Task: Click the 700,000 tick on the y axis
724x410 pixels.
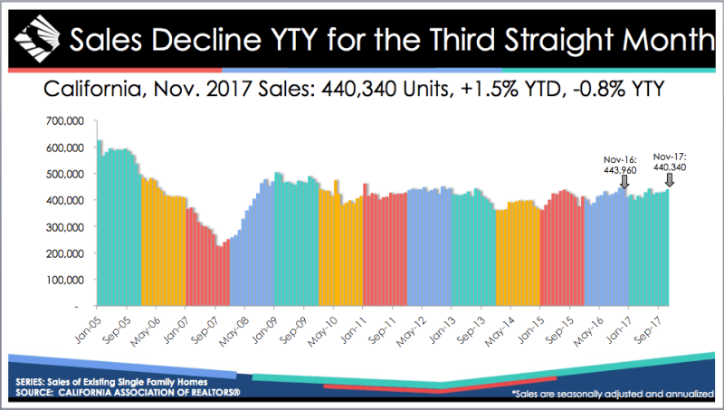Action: click(65, 121)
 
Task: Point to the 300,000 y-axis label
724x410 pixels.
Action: click(65, 227)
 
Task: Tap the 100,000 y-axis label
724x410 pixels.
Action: click(65, 281)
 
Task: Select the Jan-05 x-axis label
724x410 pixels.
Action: click(88, 329)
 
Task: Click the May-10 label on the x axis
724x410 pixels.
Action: click(323, 331)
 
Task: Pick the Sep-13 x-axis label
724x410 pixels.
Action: click(471, 329)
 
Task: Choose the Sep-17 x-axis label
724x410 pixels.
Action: click(648, 329)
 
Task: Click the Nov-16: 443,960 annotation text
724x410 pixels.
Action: click(620, 165)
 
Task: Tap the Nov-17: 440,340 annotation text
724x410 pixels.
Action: click(670, 162)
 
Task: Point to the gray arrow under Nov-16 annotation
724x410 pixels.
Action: click(624, 181)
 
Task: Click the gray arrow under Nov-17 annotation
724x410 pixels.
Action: click(669, 179)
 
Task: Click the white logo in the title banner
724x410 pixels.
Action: click(37, 39)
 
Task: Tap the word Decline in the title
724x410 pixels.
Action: click(205, 40)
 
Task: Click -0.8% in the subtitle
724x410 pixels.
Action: click(594, 88)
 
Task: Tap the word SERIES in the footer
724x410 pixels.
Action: click(30, 382)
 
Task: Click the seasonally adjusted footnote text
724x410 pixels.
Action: click(614, 394)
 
